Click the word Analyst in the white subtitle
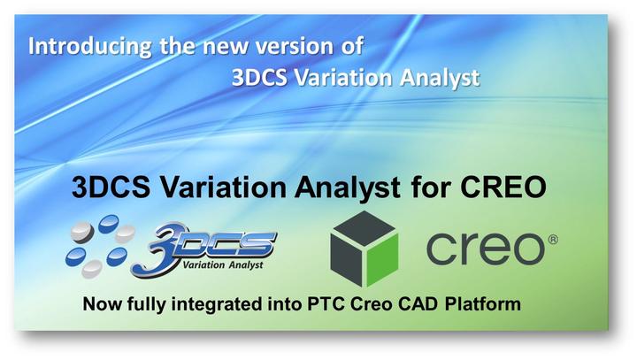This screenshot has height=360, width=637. click(440, 77)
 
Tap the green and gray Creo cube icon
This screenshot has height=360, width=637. click(364, 248)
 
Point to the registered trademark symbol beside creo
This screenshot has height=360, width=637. click(552, 237)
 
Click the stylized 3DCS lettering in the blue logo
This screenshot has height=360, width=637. click(217, 241)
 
